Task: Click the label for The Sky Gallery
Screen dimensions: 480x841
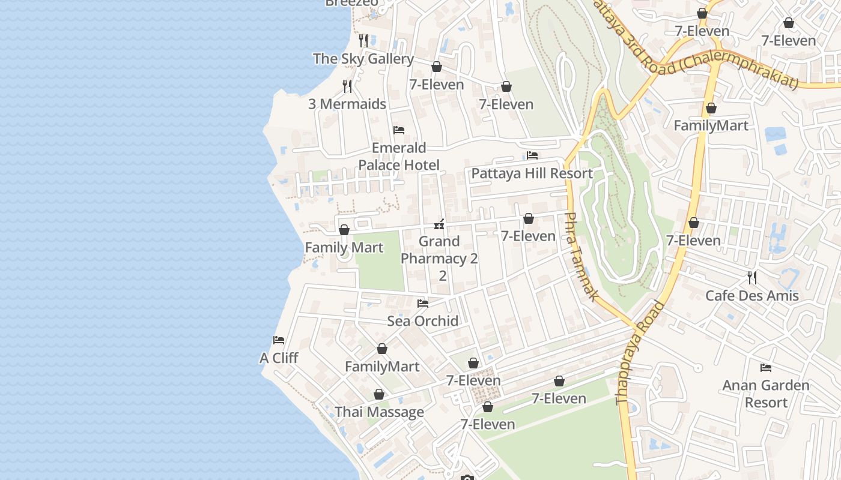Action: [x=363, y=59]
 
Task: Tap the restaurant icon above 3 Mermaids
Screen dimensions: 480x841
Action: [x=347, y=86]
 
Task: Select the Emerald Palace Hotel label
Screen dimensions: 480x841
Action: [x=399, y=157]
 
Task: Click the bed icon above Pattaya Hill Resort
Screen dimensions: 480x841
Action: [x=532, y=155]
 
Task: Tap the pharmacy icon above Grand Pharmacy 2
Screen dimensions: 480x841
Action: [x=440, y=224]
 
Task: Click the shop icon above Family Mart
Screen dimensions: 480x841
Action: [x=344, y=230]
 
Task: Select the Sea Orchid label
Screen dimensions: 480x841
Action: [x=422, y=321]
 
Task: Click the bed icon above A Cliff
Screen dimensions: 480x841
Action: [x=279, y=340]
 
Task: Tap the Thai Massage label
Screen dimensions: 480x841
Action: [x=379, y=412]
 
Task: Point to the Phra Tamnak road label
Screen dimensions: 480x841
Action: [x=581, y=257]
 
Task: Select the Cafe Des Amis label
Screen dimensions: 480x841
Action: [x=751, y=296]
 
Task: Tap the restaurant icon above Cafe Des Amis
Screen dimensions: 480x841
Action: [x=751, y=277]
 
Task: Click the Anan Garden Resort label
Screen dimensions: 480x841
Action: [x=765, y=394]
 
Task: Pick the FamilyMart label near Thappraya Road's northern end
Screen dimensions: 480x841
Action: [x=711, y=126]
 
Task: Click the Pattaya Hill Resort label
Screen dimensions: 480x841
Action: [x=532, y=173]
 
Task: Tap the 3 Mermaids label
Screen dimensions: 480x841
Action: [x=347, y=104]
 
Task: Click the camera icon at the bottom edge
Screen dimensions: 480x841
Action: [x=467, y=478]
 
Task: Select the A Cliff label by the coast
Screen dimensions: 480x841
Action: [x=279, y=358]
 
